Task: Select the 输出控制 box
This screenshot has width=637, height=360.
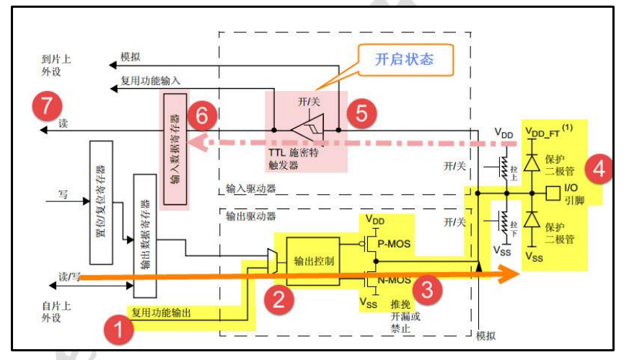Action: point(314,261)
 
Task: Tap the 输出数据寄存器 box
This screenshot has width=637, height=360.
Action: point(144,234)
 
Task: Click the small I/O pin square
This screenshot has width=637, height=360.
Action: point(553,193)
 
